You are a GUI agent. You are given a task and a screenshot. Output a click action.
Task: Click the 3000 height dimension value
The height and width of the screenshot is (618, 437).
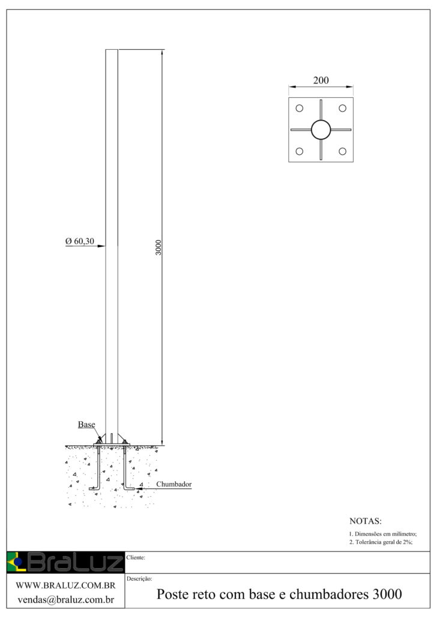[x=158, y=248]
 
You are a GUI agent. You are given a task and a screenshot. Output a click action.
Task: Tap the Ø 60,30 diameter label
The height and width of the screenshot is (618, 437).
[x=80, y=241]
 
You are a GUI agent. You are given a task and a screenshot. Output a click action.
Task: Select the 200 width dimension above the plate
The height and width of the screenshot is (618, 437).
[x=321, y=80]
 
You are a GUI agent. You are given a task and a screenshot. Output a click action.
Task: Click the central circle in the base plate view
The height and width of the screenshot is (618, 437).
[x=321, y=130]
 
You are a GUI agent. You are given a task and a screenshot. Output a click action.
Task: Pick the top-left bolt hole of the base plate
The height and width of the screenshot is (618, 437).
[x=300, y=108]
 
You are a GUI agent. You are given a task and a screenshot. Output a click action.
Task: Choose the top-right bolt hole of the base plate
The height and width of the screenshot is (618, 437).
[x=342, y=108]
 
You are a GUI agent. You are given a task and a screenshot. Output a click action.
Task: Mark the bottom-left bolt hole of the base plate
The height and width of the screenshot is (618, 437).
[x=300, y=151]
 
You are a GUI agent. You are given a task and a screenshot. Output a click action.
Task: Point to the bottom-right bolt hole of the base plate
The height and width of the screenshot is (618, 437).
[x=342, y=151]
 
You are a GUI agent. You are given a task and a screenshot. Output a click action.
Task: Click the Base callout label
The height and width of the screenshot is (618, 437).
[x=86, y=424]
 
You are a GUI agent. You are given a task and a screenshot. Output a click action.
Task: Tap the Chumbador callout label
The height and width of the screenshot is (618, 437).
[x=174, y=484]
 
